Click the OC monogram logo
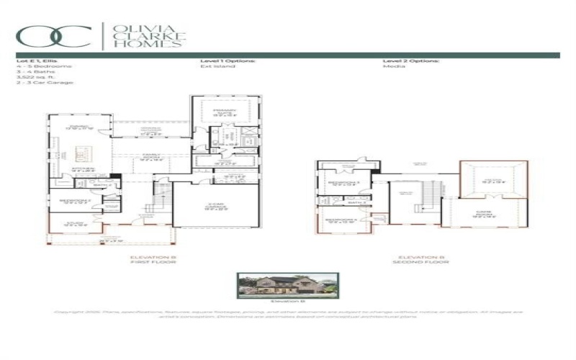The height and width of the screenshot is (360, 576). click(x=55, y=36)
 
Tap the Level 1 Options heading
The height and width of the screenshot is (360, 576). click(x=227, y=61)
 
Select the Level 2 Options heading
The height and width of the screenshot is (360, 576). click(x=411, y=61)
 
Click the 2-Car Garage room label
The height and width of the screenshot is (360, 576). click(x=215, y=207)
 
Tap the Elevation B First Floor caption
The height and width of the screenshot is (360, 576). click(x=153, y=259)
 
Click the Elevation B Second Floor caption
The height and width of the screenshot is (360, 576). click(x=422, y=259)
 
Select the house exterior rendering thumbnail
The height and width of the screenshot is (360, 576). click(x=287, y=285)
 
